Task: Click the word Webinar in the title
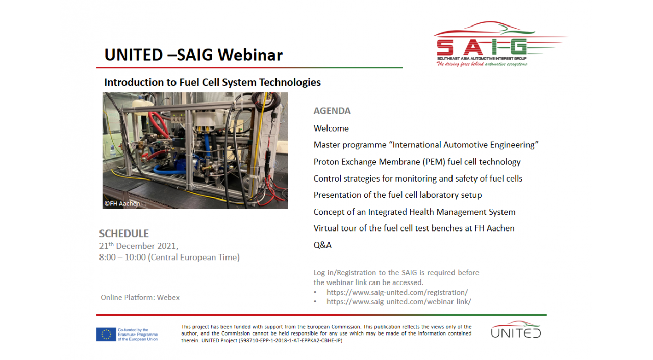[x=250, y=55]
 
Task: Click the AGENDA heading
[x=332, y=111]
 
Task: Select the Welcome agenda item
[x=331, y=128]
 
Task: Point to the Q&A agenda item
[x=322, y=245]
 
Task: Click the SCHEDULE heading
[x=124, y=234]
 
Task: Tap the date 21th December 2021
[x=138, y=246]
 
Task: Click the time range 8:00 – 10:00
[x=122, y=258]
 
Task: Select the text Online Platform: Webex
[x=140, y=297]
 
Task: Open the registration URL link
[x=397, y=292]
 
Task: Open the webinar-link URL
[x=399, y=302]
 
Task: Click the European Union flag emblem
[x=106, y=335]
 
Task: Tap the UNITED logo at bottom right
[x=516, y=329]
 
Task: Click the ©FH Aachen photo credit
[x=122, y=203]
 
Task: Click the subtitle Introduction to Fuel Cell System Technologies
[x=212, y=82]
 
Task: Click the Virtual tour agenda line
[x=414, y=228]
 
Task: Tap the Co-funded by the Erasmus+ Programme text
[x=138, y=335]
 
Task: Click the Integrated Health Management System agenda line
[x=415, y=212]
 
